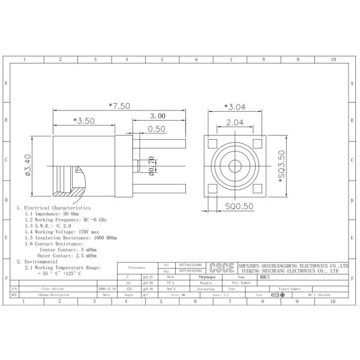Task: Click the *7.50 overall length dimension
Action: (119, 106)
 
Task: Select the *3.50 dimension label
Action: (84, 121)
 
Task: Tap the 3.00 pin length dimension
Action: (158, 116)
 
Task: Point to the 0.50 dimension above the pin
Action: (157, 129)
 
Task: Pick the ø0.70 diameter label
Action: (151, 166)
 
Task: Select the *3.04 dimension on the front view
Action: (235, 107)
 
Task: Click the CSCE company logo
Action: (223, 268)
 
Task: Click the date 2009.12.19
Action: (106, 289)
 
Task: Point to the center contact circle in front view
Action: (235, 166)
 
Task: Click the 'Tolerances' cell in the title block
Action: (136, 268)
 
